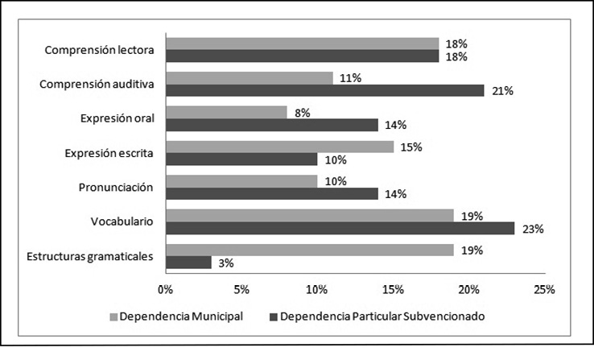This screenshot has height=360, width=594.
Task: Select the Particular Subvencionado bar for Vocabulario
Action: click(339, 228)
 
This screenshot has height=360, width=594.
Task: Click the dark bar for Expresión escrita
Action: click(241, 159)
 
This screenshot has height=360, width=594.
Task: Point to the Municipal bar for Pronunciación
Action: click(241, 181)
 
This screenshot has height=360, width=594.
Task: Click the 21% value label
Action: click(503, 90)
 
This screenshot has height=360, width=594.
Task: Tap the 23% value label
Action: click(534, 228)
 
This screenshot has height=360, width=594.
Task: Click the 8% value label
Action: click(303, 113)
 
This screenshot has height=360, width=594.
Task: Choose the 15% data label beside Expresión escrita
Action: click(411, 147)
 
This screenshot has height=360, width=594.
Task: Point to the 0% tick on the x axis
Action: click(166, 289)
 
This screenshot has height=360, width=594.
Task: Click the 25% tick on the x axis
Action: click(544, 289)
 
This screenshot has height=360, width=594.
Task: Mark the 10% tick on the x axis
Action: click(317, 289)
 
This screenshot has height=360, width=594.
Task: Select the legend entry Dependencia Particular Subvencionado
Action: click(379, 317)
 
